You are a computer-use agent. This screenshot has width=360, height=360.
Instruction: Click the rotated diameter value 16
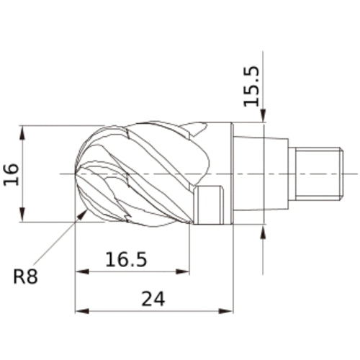(x=12, y=174)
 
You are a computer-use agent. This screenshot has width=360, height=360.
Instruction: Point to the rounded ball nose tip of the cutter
(x=79, y=174)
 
